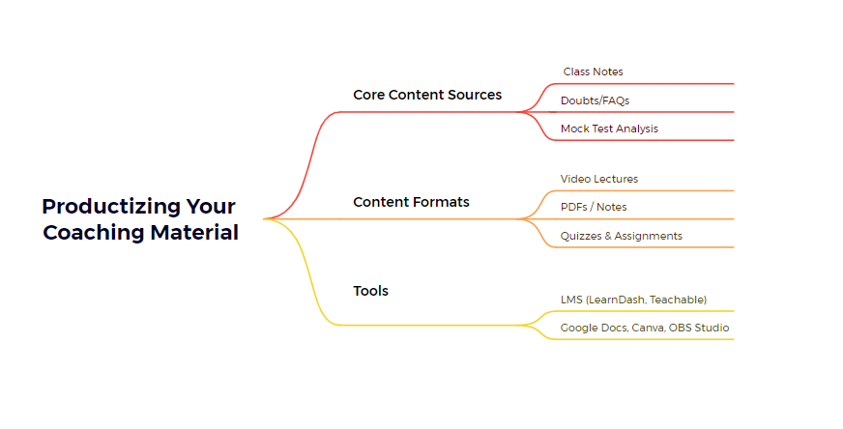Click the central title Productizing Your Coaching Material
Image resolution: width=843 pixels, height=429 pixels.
pyautogui.click(x=140, y=219)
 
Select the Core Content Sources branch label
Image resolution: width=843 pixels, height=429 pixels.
pyautogui.click(x=427, y=95)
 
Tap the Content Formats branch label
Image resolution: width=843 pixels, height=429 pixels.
pyautogui.click(x=411, y=202)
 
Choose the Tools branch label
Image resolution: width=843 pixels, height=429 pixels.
pyautogui.click(x=371, y=291)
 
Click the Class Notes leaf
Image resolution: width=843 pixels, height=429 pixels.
pyautogui.click(x=593, y=71)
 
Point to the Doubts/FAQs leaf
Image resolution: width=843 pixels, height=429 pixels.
pyautogui.click(x=595, y=100)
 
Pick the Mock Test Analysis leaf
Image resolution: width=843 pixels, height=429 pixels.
pyautogui.click(x=609, y=129)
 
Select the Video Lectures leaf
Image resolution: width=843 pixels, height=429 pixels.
pyautogui.click(x=599, y=179)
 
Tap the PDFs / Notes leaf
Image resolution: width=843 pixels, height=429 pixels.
pyautogui.click(x=594, y=207)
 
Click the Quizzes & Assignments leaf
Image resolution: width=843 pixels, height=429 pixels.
pyautogui.click(x=621, y=236)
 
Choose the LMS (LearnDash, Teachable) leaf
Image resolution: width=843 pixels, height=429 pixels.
pyautogui.click(x=633, y=300)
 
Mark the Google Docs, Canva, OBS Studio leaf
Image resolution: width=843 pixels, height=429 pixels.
pyautogui.click(x=645, y=328)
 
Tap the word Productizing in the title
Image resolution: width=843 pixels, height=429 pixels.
pyautogui.click(x=111, y=207)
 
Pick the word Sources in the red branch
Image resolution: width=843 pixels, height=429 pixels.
pyautogui.click(x=475, y=95)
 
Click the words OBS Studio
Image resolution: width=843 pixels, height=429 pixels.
pyautogui.click(x=699, y=328)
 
